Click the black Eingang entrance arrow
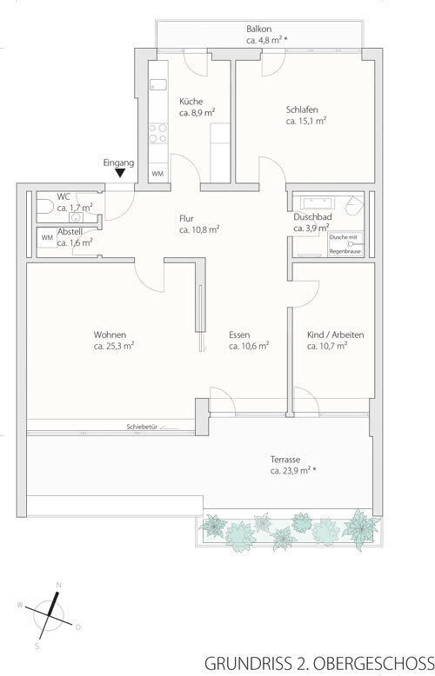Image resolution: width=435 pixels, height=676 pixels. coord(120,173)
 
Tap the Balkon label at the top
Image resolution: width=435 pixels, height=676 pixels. coord(259,30)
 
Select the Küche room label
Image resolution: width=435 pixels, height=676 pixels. coord(191,102)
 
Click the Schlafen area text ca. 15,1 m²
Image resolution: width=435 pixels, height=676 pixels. coord(306,121)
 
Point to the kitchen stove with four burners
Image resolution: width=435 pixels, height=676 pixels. coord(158,133)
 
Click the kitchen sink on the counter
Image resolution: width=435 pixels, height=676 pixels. coord(158,85)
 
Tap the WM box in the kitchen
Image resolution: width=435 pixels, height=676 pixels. coord(157,174)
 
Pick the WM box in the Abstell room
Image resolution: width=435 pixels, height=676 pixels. coord(47,237)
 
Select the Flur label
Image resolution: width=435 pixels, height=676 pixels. coord(186,219)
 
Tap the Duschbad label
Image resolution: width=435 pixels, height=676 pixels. coord(312,217)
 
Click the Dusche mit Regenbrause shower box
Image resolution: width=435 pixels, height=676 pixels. coord(345,244)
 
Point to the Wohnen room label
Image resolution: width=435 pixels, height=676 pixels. coord(110,335)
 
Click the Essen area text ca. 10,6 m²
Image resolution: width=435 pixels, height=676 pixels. coord(249,346)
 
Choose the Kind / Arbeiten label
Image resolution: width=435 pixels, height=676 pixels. coord(335,335)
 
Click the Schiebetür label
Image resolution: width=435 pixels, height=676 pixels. coord(142,427)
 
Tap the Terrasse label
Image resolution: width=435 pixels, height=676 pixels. coord(285,460)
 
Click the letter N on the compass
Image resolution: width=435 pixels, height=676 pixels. coord(58,585)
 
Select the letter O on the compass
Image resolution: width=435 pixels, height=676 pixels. coord(77,627)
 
